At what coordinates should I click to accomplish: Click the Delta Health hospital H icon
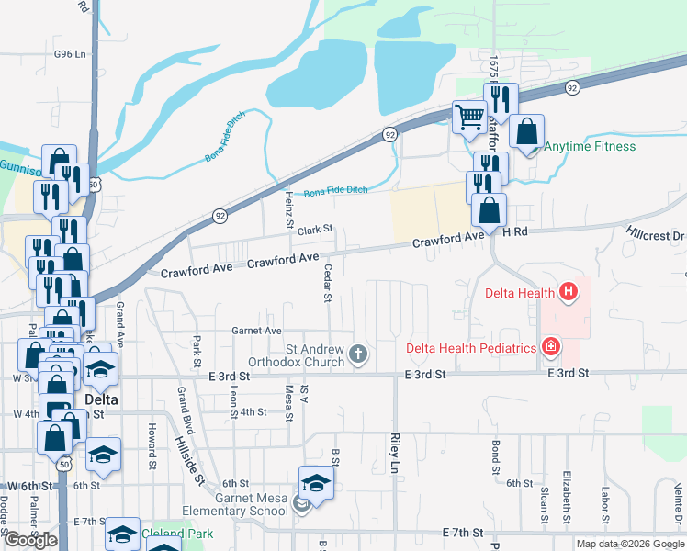[x=569, y=293]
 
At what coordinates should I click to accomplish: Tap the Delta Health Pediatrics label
[x=470, y=349]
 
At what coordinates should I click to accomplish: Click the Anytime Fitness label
[x=590, y=146]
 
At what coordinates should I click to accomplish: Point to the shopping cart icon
[x=469, y=117]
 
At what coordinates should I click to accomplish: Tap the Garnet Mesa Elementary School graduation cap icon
[x=315, y=482]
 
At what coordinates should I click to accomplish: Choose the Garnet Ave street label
[x=256, y=331]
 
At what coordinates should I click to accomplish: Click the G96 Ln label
[x=70, y=54]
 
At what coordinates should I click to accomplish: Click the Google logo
[x=30, y=540]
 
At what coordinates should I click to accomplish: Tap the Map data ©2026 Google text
[x=630, y=544]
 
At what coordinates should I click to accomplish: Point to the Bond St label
[x=495, y=456]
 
